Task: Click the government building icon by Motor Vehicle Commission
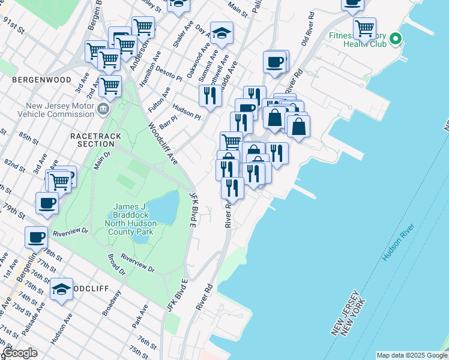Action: coord(103,109)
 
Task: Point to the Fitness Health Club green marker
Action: coord(395,40)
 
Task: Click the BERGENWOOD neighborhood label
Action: coord(41,80)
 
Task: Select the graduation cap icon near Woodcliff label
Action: coord(61,290)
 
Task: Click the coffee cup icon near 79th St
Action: coord(47,203)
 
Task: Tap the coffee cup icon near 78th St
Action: coord(36,237)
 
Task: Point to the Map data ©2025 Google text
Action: coord(411,355)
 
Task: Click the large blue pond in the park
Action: coord(163,207)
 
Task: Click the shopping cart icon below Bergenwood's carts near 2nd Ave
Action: coord(110,86)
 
